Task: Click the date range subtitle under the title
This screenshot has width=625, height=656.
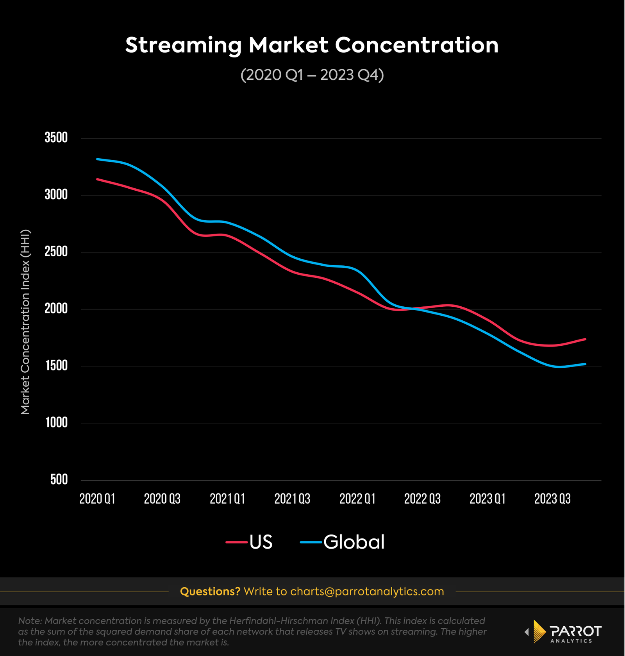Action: (x=312, y=75)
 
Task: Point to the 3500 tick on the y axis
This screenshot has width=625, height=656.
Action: (x=56, y=138)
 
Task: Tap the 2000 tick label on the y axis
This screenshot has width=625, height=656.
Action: (x=56, y=309)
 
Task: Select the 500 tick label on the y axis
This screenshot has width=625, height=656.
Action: (x=59, y=480)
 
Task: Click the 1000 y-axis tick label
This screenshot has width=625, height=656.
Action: (x=57, y=423)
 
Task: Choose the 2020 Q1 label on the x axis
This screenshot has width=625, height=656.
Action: (x=97, y=499)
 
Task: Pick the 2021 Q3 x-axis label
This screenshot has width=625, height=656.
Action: (x=292, y=499)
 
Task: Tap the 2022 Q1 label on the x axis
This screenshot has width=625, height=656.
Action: (x=357, y=499)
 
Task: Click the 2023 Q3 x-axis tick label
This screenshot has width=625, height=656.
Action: (x=552, y=499)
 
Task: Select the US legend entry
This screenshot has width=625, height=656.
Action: (x=250, y=542)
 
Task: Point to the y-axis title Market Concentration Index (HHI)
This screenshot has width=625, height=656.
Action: (x=25, y=322)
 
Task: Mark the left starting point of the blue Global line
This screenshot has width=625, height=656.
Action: (x=97, y=159)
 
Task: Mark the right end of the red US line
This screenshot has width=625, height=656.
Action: (x=585, y=339)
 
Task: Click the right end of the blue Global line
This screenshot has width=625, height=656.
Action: (x=585, y=364)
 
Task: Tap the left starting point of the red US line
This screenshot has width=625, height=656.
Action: (x=97, y=179)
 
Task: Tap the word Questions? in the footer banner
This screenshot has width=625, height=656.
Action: (x=210, y=592)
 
